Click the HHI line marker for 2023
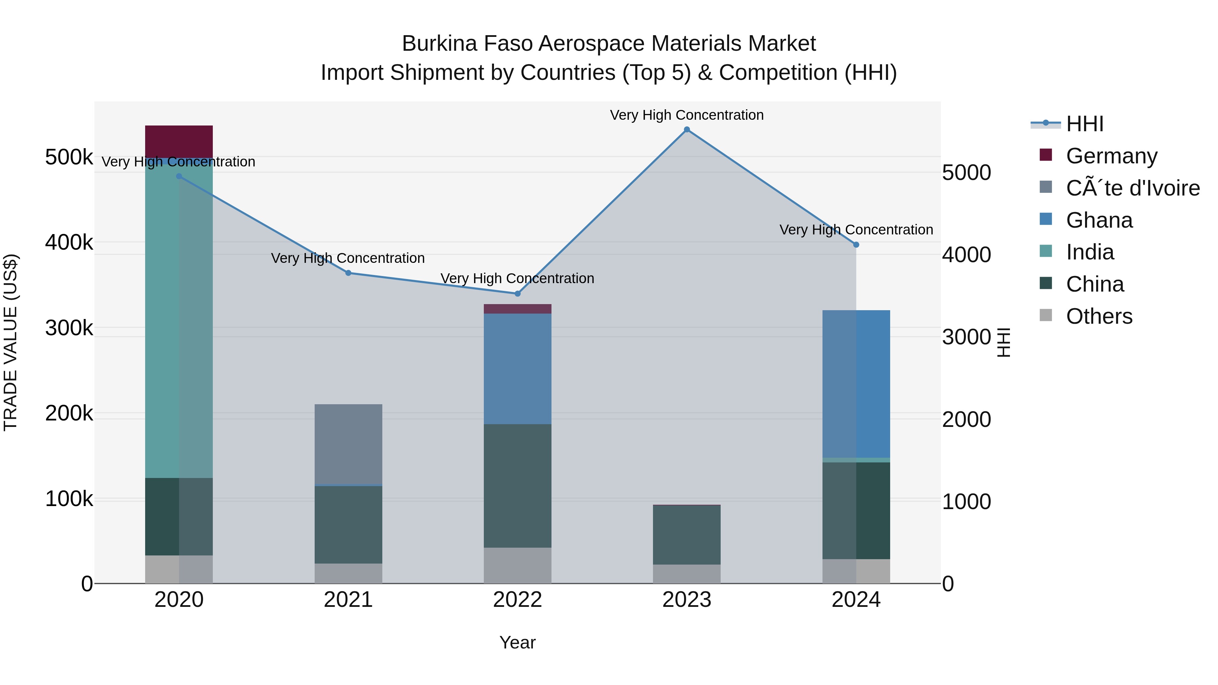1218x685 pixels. tap(686, 130)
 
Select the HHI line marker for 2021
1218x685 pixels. tap(348, 273)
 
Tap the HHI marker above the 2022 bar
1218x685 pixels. tap(517, 294)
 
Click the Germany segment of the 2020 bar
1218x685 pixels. tap(179, 141)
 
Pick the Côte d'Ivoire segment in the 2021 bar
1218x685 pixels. tap(348, 444)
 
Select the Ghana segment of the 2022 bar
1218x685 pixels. tap(517, 369)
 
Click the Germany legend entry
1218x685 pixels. tap(1111, 156)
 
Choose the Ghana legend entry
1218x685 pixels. tap(1099, 220)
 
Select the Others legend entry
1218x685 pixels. tap(1099, 316)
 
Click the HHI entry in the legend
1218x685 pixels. tap(1085, 124)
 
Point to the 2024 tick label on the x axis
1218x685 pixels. tap(856, 600)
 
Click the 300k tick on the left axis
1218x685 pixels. tap(69, 327)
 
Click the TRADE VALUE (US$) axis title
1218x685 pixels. tap(10, 342)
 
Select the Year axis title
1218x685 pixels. tap(517, 642)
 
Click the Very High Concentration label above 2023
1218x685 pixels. tap(686, 115)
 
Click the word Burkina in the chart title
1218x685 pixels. tap(439, 44)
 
